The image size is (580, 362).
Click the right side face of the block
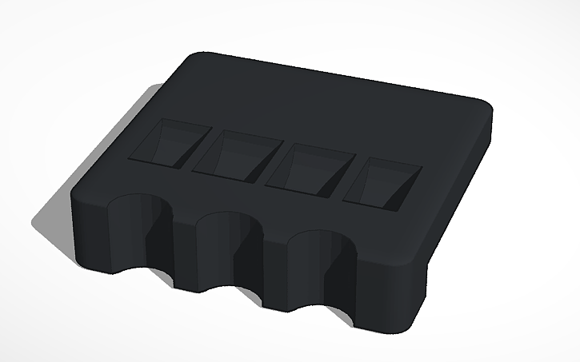460,200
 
